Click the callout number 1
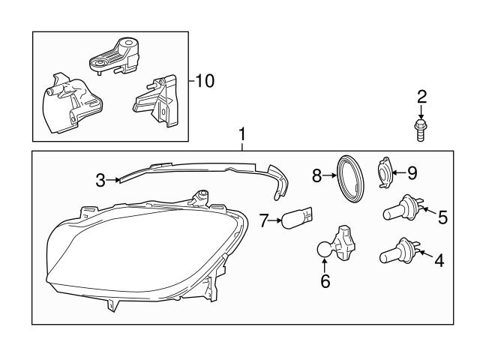pos(241,134)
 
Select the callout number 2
pos(421,95)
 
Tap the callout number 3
pos(100,179)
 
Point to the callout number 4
pos(439,261)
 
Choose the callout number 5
pos(442,217)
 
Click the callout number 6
pos(325,281)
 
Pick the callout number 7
pos(263,220)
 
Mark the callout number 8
pos(316,175)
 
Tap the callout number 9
pos(412,172)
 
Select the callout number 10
pos(204,81)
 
